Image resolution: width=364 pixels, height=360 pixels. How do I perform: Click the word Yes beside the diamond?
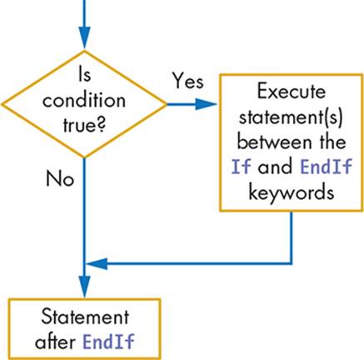[x=188, y=81]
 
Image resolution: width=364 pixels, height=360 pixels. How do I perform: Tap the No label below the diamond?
[x=60, y=178]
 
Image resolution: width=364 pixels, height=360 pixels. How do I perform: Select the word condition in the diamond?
[x=84, y=101]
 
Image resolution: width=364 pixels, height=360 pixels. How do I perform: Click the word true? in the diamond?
[x=84, y=126]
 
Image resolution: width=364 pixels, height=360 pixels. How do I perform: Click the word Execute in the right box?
[x=292, y=92]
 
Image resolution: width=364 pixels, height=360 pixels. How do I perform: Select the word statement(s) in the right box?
[x=291, y=117]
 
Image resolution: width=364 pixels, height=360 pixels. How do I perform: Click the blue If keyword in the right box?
[x=241, y=167]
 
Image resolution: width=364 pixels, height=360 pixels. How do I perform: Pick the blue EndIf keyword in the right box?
[x=327, y=167]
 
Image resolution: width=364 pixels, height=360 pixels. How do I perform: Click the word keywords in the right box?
[x=292, y=192]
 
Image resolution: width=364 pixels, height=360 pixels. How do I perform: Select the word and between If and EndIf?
[x=275, y=167]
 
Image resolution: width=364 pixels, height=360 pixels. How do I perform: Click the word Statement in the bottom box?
[x=85, y=317]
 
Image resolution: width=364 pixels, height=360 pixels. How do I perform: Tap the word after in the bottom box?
[x=55, y=341]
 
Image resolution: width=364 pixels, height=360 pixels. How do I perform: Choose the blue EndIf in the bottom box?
[x=108, y=341]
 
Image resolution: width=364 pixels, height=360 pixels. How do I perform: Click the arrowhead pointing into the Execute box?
[x=206, y=104]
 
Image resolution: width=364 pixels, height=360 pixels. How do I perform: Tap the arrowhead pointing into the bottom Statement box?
[x=84, y=286]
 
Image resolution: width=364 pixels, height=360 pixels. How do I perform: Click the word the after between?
[x=332, y=142]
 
